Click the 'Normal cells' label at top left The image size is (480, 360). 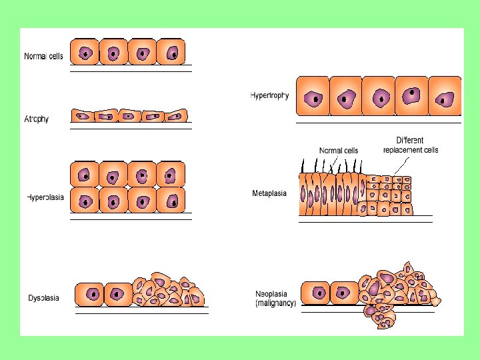pos(43,57)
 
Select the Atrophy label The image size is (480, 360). pos(37,119)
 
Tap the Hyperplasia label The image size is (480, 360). pos(45,197)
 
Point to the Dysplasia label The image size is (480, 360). pos(43,297)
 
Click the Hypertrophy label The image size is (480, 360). pos(269,95)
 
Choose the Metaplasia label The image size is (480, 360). pos(269,194)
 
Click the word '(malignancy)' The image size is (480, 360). pos(275,303)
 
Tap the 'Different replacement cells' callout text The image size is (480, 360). pos(411,145)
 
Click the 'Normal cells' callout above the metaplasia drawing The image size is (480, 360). pos(339,150)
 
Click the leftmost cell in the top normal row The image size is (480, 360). pos(85,52)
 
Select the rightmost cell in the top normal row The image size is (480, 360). pos(171,52)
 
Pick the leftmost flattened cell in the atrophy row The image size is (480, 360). pos(84,116)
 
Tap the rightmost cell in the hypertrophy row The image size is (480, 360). pos(444,98)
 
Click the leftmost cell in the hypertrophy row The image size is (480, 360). pos(312,98)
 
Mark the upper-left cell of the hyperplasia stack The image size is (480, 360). pos(85,175)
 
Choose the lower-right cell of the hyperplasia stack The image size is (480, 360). pos(171,199)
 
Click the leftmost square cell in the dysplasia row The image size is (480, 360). pos(93,294)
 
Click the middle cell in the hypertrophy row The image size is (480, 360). pos(379,98)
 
